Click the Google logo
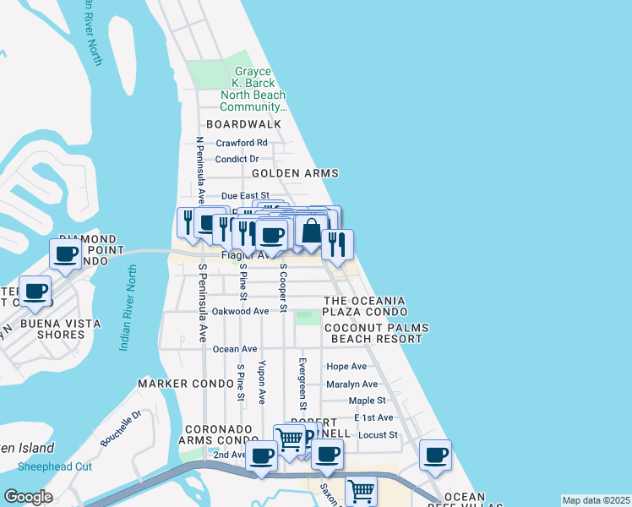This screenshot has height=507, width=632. tap(28, 497)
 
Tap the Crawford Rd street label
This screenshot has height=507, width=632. tap(242, 143)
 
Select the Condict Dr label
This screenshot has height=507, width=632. tap(237, 159)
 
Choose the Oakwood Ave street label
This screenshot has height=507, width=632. tap(240, 311)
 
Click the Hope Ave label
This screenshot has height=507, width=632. tap(346, 367)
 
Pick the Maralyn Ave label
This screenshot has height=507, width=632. tap(352, 384)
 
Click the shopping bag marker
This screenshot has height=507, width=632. tap(311, 230)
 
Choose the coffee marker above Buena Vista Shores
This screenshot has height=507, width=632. tap(35, 292)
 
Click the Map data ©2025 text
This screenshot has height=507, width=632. tap(596, 500)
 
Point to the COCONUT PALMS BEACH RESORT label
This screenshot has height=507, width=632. tap(376, 333)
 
